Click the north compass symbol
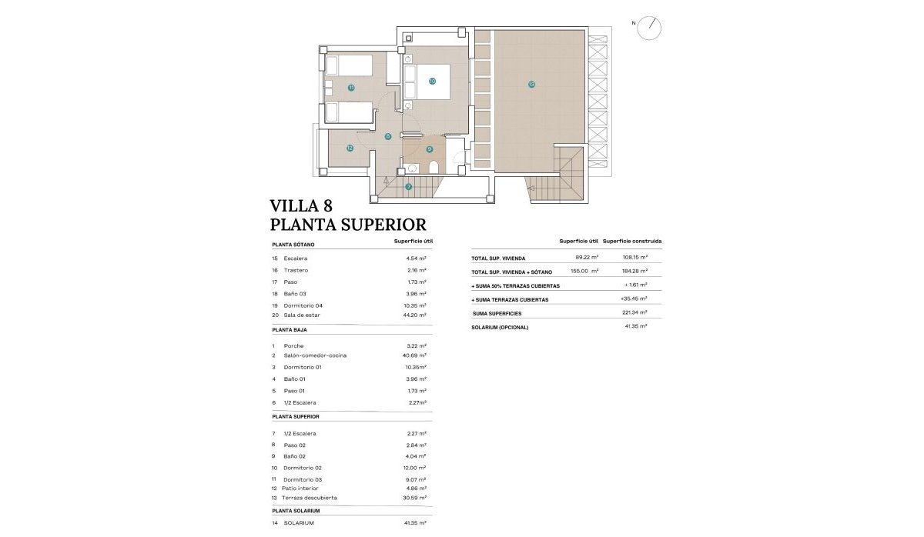click(651, 27)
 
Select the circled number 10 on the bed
click(432, 81)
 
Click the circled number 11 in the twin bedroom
click(350, 88)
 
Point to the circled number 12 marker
click(350, 148)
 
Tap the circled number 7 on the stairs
click(408, 187)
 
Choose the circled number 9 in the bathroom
click(430, 149)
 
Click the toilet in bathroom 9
click(434, 168)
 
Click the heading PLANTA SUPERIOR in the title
click(348, 225)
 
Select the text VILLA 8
click(303, 205)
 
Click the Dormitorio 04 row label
click(304, 305)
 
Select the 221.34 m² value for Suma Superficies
click(634, 314)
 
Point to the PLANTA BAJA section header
click(291, 329)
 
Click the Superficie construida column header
click(632, 242)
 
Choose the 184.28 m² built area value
click(634, 272)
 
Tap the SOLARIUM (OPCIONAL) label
click(500, 327)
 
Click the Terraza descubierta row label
click(313, 498)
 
